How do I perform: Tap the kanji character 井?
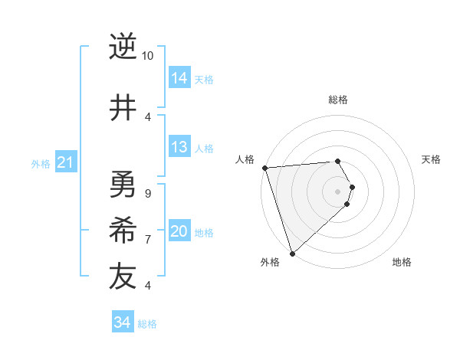[x=122, y=108]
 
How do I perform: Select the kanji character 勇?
[x=122, y=185]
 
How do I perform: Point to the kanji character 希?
[x=122, y=231]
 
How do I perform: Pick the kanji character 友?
[x=122, y=277]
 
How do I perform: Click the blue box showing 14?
[x=179, y=78]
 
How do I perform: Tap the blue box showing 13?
[x=179, y=148]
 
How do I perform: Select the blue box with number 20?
[x=179, y=232]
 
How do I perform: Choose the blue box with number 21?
[x=65, y=162]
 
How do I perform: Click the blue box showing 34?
[x=123, y=322]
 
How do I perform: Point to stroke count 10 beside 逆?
[x=147, y=56]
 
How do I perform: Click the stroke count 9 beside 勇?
[x=147, y=194]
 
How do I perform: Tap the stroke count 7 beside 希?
[x=147, y=240]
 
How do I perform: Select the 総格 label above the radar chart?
[x=338, y=100]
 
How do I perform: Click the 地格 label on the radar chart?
[x=402, y=262]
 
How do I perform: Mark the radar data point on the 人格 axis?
[x=264, y=168]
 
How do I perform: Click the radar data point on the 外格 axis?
[x=292, y=253]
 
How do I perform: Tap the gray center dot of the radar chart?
[x=338, y=191]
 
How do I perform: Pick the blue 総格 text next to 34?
[x=147, y=324]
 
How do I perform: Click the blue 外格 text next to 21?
[x=40, y=164]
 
